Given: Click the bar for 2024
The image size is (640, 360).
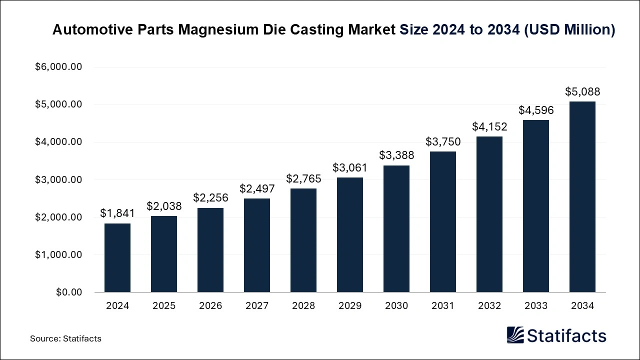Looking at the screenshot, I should [x=117, y=257].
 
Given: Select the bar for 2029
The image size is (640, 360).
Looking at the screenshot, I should [x=350, y=234].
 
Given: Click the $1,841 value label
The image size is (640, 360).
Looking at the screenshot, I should [x=117, y=213].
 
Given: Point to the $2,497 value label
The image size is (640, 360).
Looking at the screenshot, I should [x=257, y=188].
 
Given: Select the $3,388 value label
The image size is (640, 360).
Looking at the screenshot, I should [x=396, y=155].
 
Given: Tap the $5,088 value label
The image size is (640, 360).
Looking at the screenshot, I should [x=582, y=91].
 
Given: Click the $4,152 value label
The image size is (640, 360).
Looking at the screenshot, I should [x=489, y=126].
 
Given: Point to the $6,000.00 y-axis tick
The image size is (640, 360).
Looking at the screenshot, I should [x=58, y=67].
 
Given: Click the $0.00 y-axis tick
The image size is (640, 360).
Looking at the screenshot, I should [x=68, y=292].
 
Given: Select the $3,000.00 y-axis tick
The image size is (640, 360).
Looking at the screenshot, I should [x=58, y=179].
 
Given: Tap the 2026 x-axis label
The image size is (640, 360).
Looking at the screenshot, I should [x=210, y=306].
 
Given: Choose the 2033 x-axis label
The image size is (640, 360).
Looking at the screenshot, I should [x=536, y=306].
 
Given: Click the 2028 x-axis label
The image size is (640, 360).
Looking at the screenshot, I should [x=303, y=306].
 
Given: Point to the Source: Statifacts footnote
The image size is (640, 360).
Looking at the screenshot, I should [x=65, y=338].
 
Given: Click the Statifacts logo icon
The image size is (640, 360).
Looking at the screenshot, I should [x=515, y=335].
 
